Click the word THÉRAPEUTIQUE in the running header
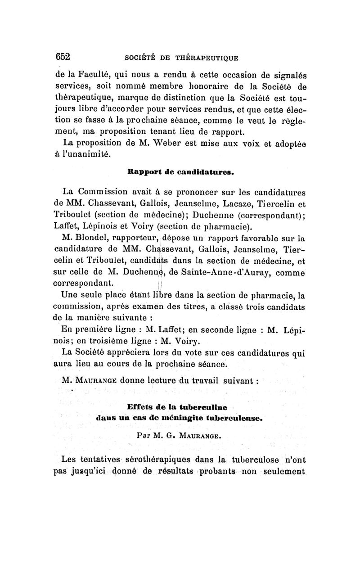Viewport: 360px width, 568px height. pos(206,58)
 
